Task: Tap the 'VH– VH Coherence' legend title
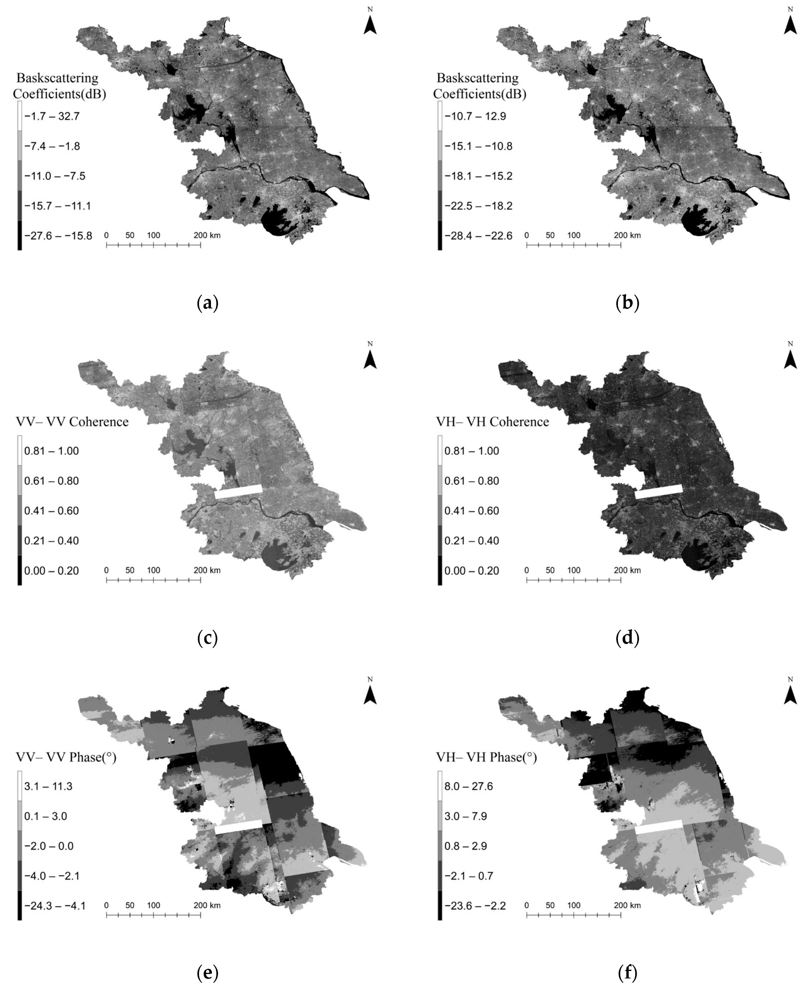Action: coord(492,422)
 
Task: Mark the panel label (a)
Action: coord(207,304)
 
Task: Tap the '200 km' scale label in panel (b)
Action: coord(628,235)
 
